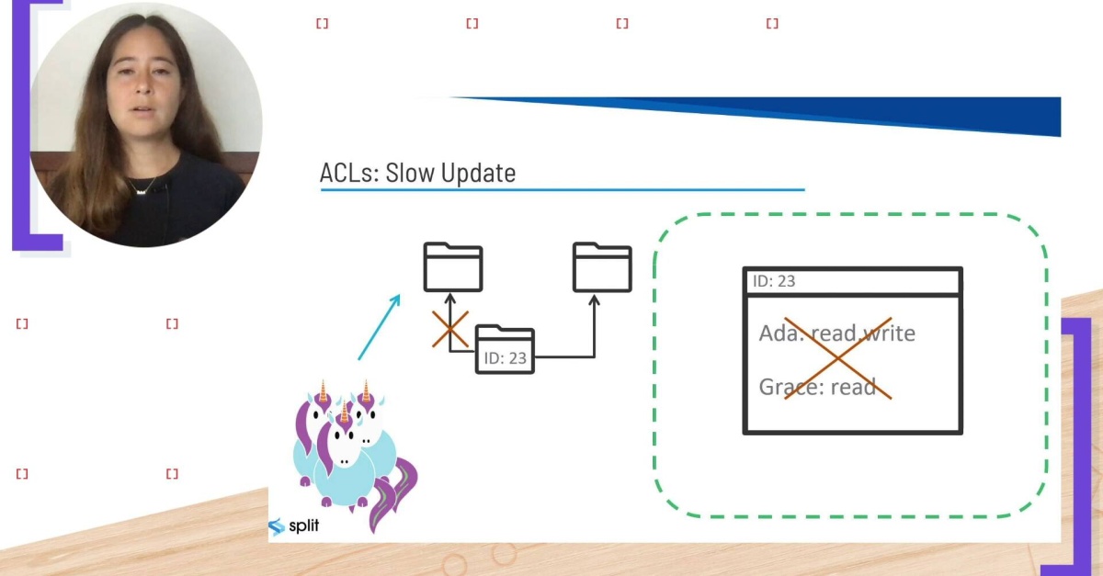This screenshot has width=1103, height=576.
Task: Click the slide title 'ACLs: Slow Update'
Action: click(x=417, y=173)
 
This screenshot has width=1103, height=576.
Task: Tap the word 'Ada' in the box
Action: click(x=778, y=333)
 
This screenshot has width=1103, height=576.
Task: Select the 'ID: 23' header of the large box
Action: click(x=774, y=281)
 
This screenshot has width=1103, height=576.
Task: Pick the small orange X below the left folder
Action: click(x=450, y=330)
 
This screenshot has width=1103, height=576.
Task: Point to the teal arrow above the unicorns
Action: click(x=379, y=327)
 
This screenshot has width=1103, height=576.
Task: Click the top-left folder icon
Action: click(x=452, y=267)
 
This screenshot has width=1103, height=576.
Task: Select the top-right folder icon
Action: click(x=602, y=267)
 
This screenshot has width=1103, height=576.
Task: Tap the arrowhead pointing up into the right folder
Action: click(x=594, y=300)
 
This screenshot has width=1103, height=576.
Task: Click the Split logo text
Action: click(x=303, y=527)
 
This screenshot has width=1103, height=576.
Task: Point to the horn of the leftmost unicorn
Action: click(x=324, y=390)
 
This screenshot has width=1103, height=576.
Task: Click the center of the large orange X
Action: click(x=838, y=359)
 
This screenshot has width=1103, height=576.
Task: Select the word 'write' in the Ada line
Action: click(x=889, y=333)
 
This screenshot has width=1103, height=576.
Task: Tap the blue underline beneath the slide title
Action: click(x=562, y=190)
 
